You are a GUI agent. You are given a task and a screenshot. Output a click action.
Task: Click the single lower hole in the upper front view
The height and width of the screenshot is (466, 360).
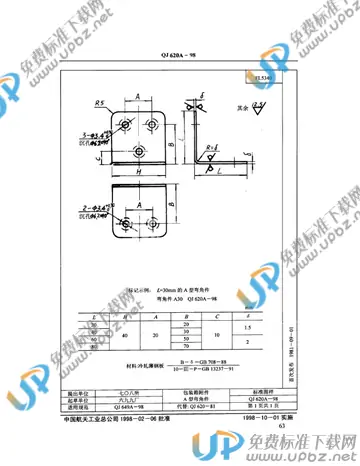tap(138, 150)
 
